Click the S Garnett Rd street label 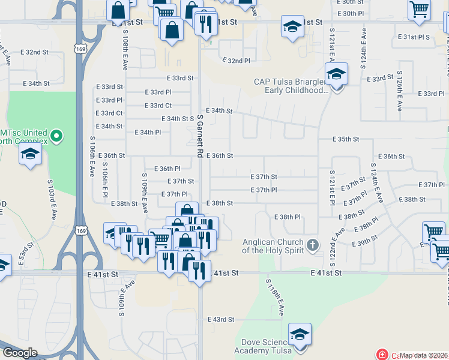click(199, 137)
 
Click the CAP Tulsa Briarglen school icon click(337, 75)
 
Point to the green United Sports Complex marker click(56, 136)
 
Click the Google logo click(20, 353)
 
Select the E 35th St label click(346, 139)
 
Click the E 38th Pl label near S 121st click(287, 217)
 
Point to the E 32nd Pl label click(236, 61)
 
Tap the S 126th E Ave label click(399, 92)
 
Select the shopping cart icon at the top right click(419, 8)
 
